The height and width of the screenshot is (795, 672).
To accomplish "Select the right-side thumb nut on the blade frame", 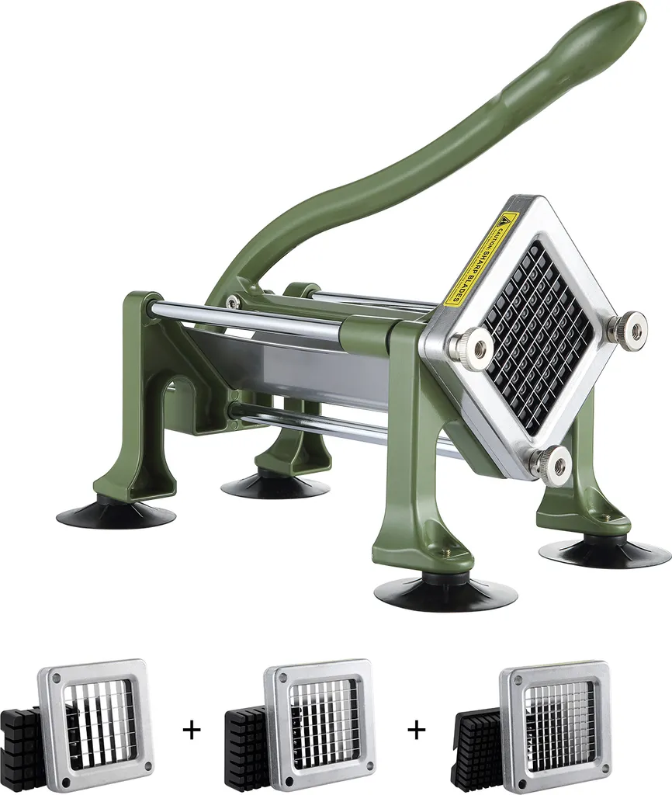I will tap(627, 329).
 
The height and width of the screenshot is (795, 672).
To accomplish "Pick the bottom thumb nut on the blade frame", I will tap(552, 464).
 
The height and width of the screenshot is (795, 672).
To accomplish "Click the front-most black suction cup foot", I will tap(445, 593).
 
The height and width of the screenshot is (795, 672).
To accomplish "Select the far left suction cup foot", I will tap(116, 513).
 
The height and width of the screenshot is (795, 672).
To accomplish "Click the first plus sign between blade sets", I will tap(191, 729).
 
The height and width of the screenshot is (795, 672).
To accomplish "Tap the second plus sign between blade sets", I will tap(417, 729).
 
